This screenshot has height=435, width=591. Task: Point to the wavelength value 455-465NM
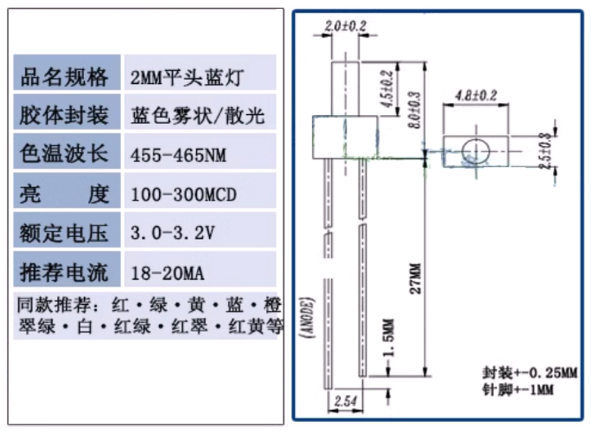pyautogui.click(x=179, y=156)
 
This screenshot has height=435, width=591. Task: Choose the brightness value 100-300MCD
pyautogui.click(x=183, y=195)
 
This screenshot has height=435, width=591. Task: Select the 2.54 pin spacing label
pyautogui.click(x=345, y=399)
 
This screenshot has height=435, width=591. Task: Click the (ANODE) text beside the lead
pyautogui.click(x=311, y=322)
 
